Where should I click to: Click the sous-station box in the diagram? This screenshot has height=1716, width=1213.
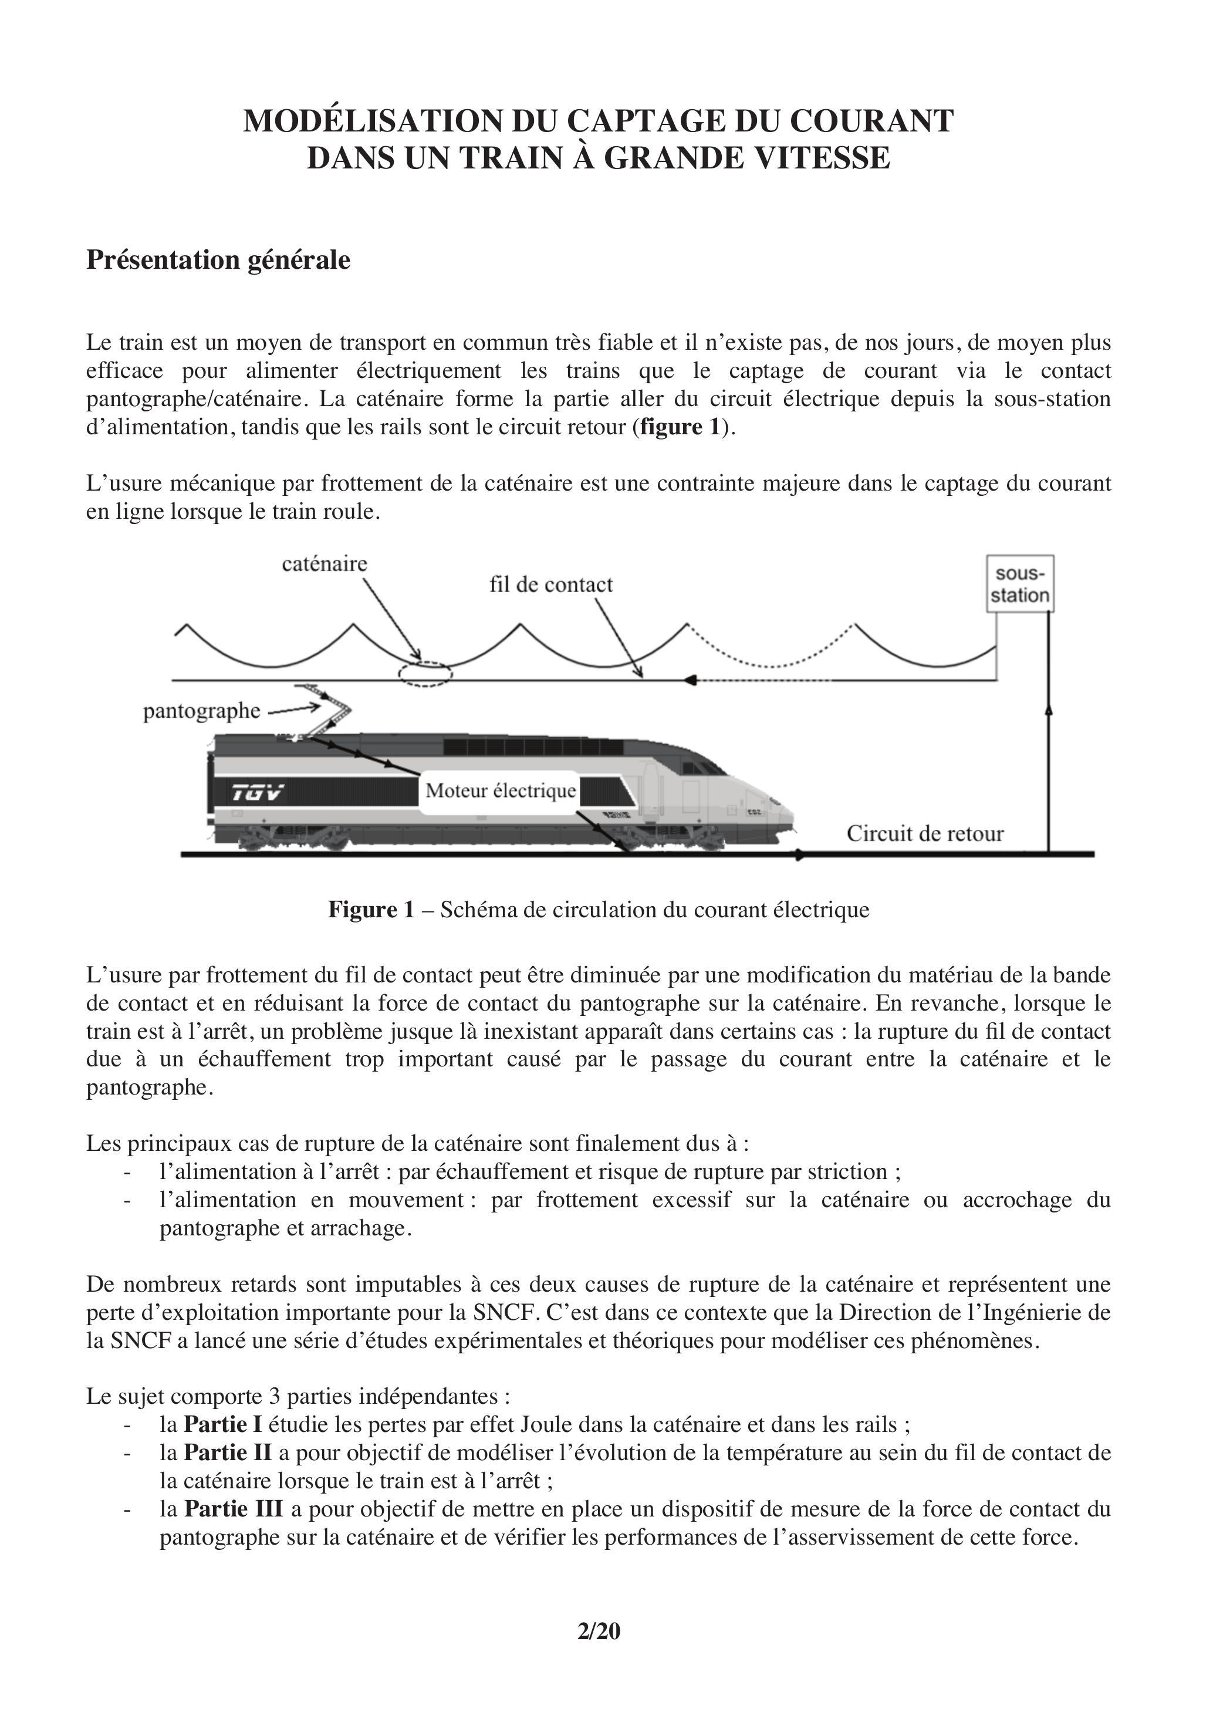(x=1020, y=585)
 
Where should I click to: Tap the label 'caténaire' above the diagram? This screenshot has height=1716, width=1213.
(x=325, y=563)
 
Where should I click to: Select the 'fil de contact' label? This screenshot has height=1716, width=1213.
(x=551, y=585)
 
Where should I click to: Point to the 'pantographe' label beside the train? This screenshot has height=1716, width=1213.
(x=201, y=711)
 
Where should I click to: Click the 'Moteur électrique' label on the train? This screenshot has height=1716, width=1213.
(x=501, y=791)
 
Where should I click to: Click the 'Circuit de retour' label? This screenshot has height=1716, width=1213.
(x=924, y=833)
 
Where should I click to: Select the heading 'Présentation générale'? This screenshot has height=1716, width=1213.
(x=218, y=260)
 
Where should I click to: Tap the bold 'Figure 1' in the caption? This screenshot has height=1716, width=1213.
(x=371, y=910)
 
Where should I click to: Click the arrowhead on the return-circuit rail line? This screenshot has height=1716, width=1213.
(x=800, y=854)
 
